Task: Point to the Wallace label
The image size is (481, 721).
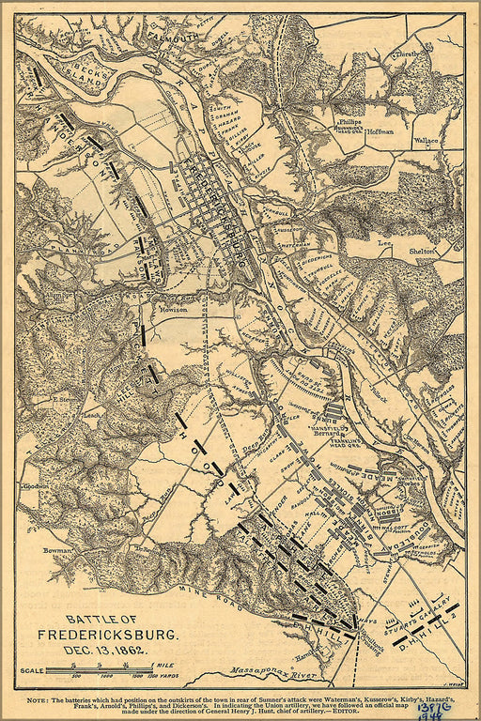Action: coord(426,140)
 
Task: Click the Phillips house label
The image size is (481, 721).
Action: coord(349,123)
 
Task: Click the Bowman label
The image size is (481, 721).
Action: coord(31,551)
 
